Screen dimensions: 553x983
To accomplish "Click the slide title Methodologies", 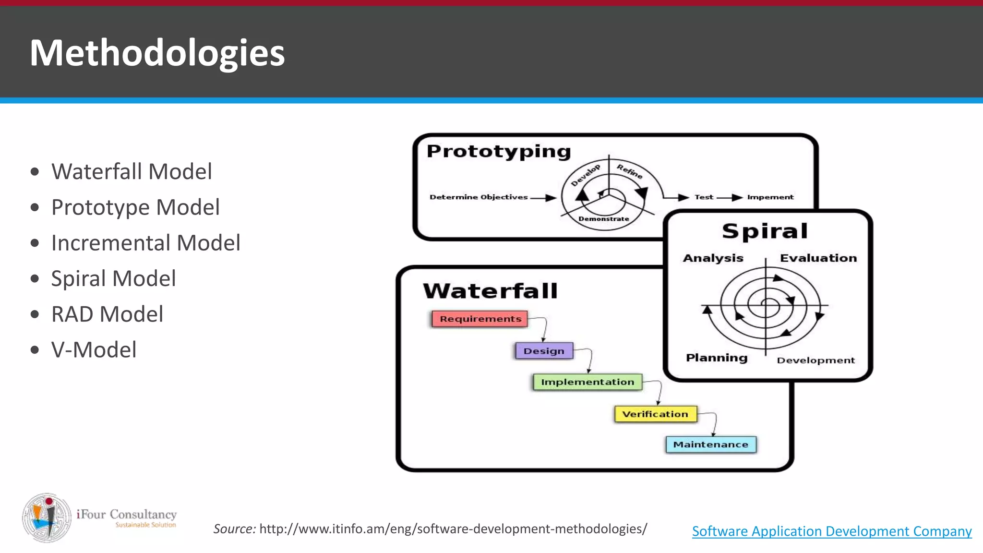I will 157,53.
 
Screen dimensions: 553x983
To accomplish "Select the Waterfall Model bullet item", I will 132,171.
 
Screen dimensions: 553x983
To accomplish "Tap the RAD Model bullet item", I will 107,314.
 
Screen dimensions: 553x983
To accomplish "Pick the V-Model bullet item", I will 94,349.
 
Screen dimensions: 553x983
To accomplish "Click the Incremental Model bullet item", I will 145,243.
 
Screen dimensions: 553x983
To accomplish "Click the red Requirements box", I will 480,319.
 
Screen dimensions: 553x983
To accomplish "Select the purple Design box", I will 544,351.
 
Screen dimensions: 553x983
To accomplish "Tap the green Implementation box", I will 587,382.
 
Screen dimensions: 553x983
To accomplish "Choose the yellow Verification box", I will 655,414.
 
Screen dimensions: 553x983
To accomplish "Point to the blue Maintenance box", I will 710,445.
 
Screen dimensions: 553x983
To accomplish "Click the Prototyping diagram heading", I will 499,151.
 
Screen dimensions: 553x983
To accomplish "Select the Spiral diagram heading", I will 765,231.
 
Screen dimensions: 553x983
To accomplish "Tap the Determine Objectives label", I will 479,197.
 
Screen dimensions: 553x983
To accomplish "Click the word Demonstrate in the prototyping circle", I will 604,219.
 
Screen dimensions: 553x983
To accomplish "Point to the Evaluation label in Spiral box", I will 818,258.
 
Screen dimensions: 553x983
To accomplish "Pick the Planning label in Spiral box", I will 717,358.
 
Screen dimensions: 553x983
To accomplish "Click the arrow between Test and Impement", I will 730,197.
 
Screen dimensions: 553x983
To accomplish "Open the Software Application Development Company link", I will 832,531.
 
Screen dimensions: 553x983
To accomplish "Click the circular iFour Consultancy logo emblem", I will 47,517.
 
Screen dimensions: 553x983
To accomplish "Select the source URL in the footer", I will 453,529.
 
